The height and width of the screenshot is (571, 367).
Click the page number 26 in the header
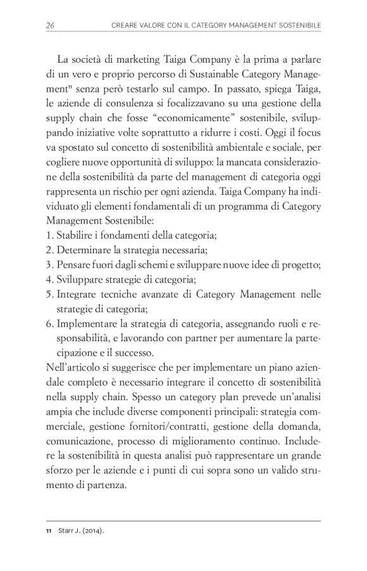point(51,25)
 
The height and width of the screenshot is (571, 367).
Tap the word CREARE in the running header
point(124,25)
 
